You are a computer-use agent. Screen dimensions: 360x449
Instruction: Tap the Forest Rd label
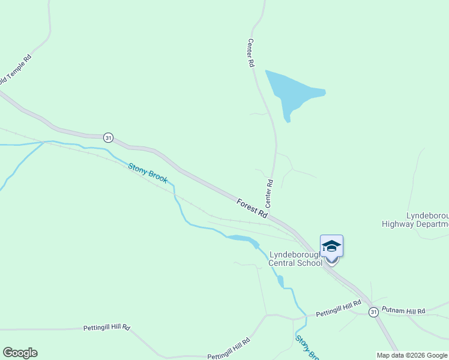click(x=252, y=208)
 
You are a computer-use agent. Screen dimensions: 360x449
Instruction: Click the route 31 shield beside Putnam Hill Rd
click(x=374, y=312)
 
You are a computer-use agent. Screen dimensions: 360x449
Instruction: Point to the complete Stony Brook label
click(x=148, y=173)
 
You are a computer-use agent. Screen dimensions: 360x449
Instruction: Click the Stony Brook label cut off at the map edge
click(x=306, y=347)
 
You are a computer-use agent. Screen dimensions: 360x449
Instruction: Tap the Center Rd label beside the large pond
click(x=251, y=53)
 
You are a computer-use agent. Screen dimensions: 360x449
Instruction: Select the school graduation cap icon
click(x=331, y=246)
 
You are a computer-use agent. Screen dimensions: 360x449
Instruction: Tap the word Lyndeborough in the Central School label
click(x=294, y=254)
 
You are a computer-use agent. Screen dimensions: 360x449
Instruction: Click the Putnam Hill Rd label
click(x=403, y=311)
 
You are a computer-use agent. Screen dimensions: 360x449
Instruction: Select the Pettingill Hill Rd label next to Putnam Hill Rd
click(x=339, y=308)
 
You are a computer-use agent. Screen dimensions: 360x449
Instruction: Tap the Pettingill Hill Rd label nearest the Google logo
click(x=107, y=328)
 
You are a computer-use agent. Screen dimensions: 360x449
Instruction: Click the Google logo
click(x=20, y=353)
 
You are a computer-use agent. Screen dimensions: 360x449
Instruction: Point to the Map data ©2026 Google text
click(x=411, y=355)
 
